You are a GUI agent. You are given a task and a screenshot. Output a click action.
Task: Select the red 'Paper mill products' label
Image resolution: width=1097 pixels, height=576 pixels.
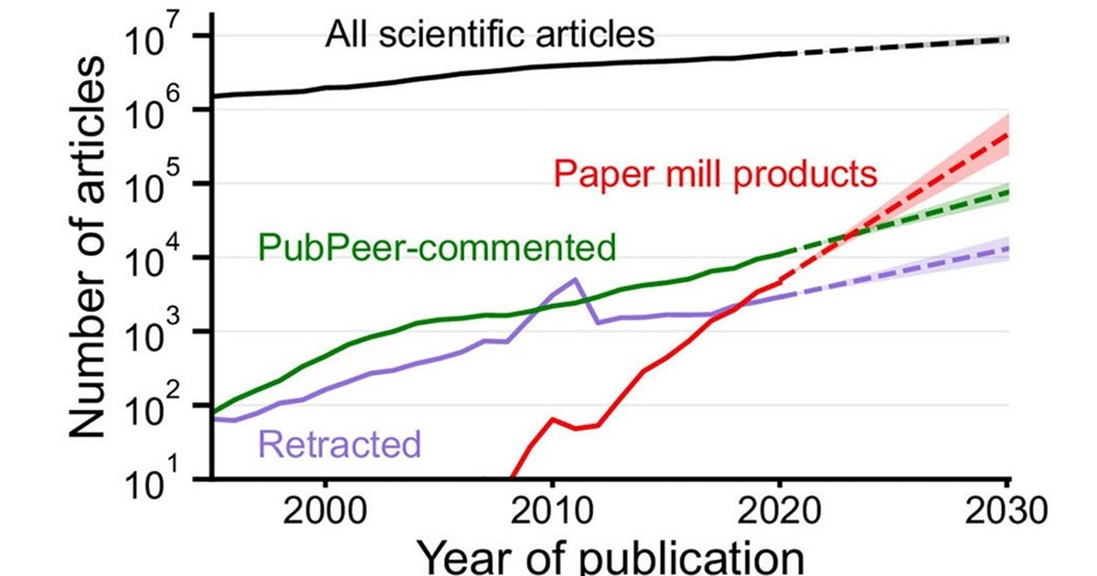point(716,172)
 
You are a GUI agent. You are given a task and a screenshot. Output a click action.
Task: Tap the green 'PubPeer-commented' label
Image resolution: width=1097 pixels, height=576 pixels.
point(435,245)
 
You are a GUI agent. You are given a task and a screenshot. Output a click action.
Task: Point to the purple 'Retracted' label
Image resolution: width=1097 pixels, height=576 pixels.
point(340,445)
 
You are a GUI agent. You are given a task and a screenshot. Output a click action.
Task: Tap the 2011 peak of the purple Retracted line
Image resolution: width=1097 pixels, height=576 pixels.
point(575,279)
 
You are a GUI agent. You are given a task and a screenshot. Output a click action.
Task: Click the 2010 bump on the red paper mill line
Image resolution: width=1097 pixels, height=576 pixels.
point(552,419)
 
